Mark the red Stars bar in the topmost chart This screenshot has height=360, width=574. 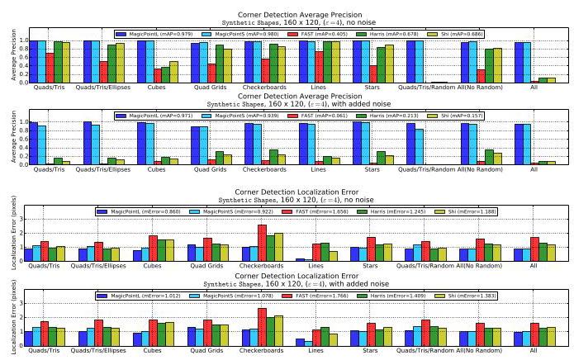click(372, 73)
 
